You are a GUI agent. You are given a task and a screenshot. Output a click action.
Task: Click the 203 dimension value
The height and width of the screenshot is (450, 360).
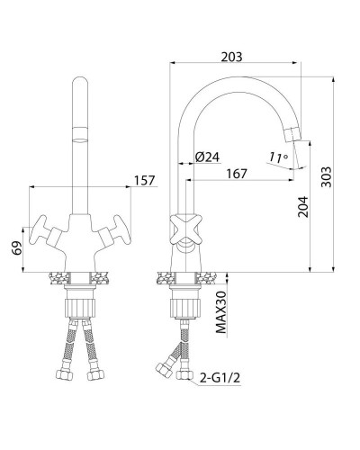tap(232, 56)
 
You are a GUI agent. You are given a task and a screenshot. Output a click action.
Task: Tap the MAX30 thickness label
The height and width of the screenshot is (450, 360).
tap(220, 312)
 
